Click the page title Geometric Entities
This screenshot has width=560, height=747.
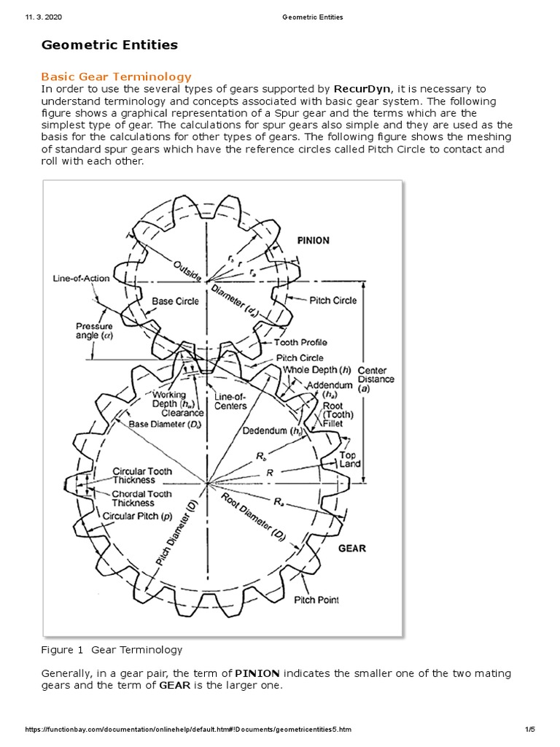coord(109,45)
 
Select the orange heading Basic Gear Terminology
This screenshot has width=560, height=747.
coord(116,76)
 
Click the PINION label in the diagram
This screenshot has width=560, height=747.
coord(313,241)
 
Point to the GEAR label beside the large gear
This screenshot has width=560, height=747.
coord(352,548)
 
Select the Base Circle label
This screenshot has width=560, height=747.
coord(175,301)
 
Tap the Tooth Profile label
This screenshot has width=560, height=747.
coord(300,342)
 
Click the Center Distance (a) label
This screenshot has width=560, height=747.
coord(376,379)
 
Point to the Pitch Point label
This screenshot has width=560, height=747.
coord(316,600)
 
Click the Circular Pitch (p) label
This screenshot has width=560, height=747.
coord(137,516)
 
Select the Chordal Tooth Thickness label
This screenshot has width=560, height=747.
coord(141,498)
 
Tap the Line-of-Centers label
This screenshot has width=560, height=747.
coord(230,401)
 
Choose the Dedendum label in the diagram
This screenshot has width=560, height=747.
coord(273,430)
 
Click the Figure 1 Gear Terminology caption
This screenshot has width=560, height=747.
coord(112,649)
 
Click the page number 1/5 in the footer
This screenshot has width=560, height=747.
coord(529,729)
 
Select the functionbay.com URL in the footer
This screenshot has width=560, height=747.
coord(188,729)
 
